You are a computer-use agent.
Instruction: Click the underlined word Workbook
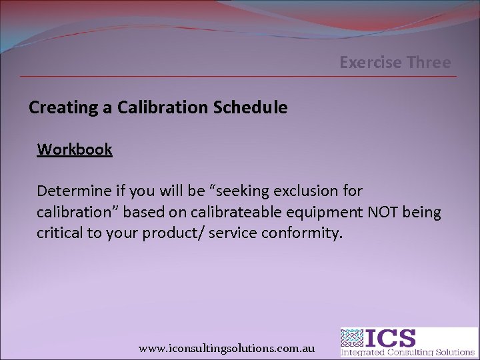75,149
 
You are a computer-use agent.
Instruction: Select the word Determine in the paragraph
70,191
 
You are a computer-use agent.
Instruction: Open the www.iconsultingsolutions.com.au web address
227,348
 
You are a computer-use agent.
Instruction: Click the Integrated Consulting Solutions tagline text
408,352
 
